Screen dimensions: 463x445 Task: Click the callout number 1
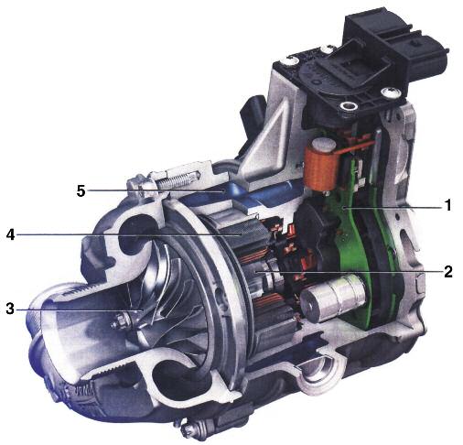[x=447, y=205]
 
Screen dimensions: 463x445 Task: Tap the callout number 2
[x=447, y=271]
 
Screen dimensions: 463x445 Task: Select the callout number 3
[x=10, y=309]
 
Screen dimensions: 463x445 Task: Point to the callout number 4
[x=10, y=234]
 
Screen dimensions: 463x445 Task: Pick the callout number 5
[x=81, y=191]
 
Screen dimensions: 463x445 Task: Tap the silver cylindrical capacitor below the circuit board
[x=332, y=298]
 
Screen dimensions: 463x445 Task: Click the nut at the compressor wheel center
[x=121, y=321]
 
